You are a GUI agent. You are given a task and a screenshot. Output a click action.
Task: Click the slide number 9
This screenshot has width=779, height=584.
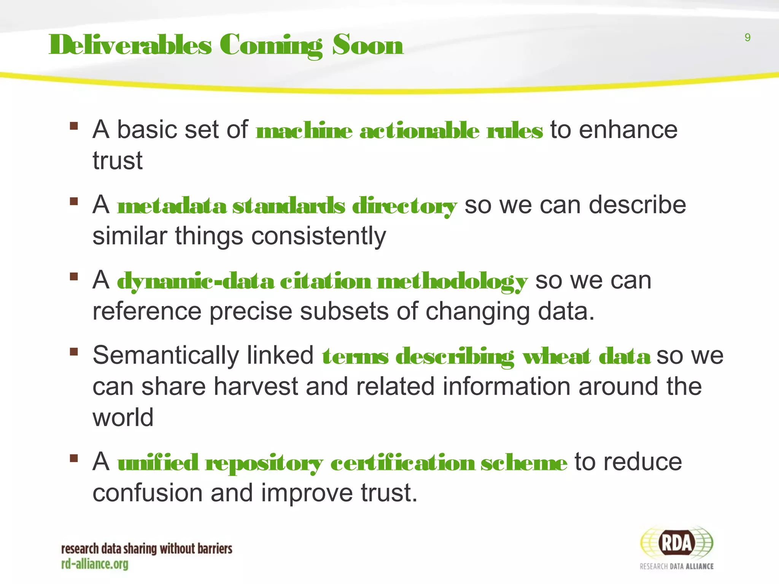pyautogui.click(x=747, y=38)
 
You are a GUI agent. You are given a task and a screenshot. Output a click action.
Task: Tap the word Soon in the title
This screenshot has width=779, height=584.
pyautogui.click(x=367, y=45)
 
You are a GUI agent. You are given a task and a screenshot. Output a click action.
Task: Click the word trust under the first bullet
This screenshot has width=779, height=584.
pyautogui.click(x=118, y=161)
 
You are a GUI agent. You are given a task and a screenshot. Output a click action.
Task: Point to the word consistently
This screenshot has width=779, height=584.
pyautogui.click(x=319, y=236)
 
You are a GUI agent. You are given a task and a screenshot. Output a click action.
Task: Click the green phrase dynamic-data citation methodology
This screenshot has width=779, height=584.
pyautogui.click(x=322, y=282)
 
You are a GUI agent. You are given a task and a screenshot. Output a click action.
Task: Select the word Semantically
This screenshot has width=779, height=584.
pyautogui.click(x=165, y=356)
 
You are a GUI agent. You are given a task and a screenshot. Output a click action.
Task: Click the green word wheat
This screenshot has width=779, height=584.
pyautogui.click(x=556, y=357)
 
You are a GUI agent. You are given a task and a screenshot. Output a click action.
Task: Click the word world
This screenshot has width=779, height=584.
pyautogui.click(x=123, y=417)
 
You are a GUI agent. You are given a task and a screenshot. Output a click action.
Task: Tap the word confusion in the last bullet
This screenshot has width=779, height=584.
pyautogui.click(x=148, y=493)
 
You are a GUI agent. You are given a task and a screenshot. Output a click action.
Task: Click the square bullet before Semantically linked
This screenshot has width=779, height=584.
pyautogui.click(x=74, y=352)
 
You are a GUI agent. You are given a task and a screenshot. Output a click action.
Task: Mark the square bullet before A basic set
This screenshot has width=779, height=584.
pyautogui.click(x=74, y=125)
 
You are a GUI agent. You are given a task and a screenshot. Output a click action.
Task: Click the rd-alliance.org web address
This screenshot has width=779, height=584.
pyautogui.click(x=95, y=564)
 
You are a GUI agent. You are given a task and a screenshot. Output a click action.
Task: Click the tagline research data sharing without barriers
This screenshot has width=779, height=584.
pyautogui.click(x=146, y=549)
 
